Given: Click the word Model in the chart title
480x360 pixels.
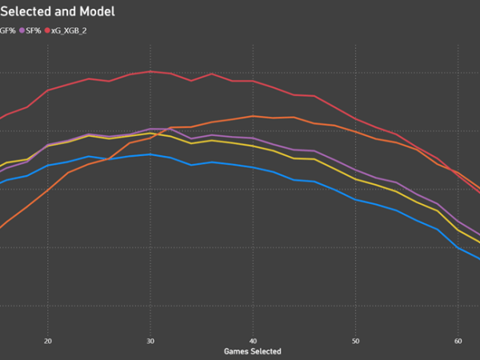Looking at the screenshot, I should tap(95, 12).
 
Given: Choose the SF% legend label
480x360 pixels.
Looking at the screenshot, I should tap(33, 30).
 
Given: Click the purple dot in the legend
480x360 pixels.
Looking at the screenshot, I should tap(22, 30).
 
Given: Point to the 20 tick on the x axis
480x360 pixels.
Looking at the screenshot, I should tap(48, 339).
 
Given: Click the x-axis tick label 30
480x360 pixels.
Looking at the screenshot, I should tap(150, 339).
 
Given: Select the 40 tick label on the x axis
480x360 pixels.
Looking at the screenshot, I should tap(253, 339).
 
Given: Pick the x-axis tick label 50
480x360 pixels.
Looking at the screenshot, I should tap(355, 339).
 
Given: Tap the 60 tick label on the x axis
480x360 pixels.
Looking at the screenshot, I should tap(458, 339).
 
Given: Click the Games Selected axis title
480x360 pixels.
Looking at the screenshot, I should tap(253, 350).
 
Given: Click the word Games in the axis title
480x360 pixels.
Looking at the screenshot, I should tap(238, 350).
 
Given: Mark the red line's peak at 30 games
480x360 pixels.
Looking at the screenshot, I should tap(150, 71).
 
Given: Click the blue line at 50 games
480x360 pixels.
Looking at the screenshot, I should tap(355, 199).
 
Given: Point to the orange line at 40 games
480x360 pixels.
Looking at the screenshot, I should tap(253, 116).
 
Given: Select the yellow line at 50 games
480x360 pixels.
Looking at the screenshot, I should tap(355, 179).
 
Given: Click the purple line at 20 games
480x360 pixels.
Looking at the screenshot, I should tap(48, 145).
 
